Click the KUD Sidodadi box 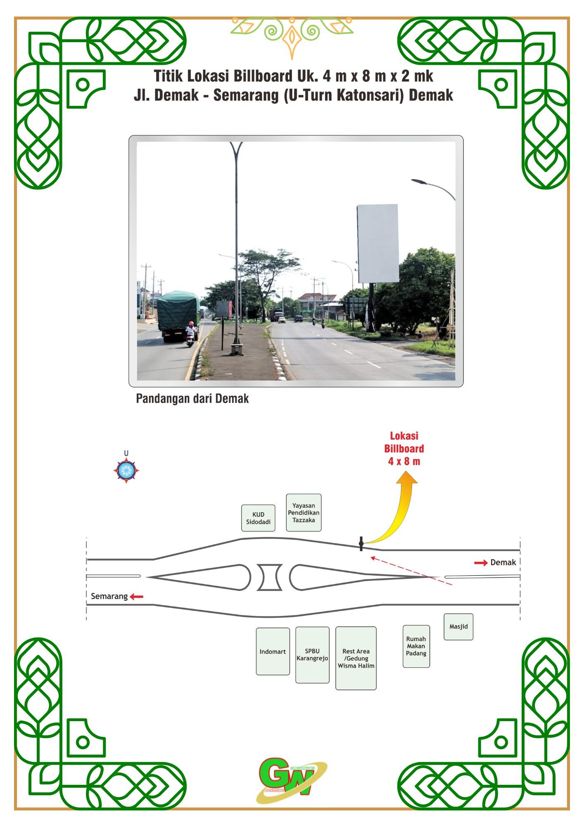click(x=258, y=518)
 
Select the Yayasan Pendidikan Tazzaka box click(x=304, y=513)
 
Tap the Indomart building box click(x=273, y=652)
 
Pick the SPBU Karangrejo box click(x=312, y=655)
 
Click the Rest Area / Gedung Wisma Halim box click(x=356, y=658)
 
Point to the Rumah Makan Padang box click(x=416, y=646)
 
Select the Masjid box click(x=458, y=627)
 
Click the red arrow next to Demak click(x=481, y=563)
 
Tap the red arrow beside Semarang click(x=136, y=597)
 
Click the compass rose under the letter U click(x=126, y=471)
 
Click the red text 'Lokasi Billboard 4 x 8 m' click(x=404, y=449)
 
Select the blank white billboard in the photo click(x=378, y=243)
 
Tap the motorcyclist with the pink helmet click(x=190, y=333)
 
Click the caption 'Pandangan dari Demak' click(x=192, y=399)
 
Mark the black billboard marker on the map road click(x=361, y=544)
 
